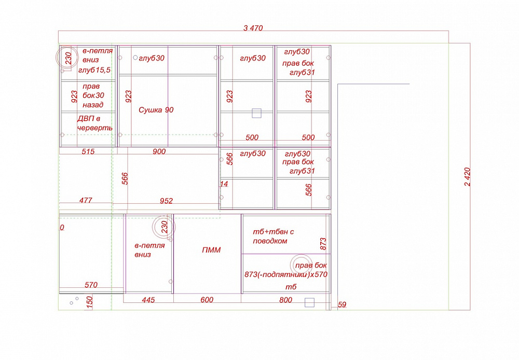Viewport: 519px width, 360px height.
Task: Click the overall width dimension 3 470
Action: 253,28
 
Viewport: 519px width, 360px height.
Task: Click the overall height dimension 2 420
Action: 467,177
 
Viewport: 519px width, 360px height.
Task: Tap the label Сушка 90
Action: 156,110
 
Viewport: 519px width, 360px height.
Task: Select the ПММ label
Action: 211,250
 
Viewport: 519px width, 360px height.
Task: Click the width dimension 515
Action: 88,151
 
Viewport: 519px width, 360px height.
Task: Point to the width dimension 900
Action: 159,151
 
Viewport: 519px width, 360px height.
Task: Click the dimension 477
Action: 86,200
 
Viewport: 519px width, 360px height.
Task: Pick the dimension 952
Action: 166,201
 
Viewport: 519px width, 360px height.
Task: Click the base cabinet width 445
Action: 148,300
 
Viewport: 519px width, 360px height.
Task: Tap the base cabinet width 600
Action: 207,300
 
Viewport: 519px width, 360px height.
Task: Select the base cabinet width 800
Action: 285,300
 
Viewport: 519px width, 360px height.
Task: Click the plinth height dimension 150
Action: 89,302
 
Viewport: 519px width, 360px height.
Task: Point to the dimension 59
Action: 342,304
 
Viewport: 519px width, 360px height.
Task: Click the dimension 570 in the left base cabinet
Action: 91,285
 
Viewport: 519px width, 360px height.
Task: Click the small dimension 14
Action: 224,184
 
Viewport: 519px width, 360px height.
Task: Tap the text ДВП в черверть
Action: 94,123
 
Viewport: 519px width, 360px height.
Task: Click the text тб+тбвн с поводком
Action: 274,236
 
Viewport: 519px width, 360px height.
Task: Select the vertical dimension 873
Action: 323,243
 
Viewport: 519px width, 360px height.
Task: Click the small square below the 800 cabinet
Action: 309,302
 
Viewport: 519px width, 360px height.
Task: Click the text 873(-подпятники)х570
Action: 286,274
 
